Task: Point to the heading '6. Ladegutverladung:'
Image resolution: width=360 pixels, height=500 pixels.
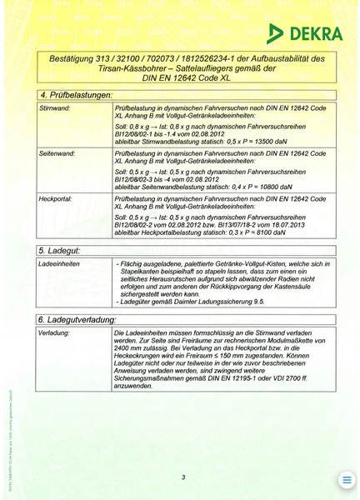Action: click(x=78, y=320)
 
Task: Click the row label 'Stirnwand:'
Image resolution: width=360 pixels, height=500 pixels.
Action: click(x=55, y=109)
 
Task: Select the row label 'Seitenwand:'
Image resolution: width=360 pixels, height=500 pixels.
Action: click(x=57, y=154)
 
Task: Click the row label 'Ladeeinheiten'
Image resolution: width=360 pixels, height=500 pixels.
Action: click(x=60, y=263)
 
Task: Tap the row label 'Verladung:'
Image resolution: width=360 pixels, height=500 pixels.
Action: click(x=55, y=333)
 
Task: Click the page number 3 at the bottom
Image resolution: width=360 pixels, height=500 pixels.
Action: click(x=182, y=477)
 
